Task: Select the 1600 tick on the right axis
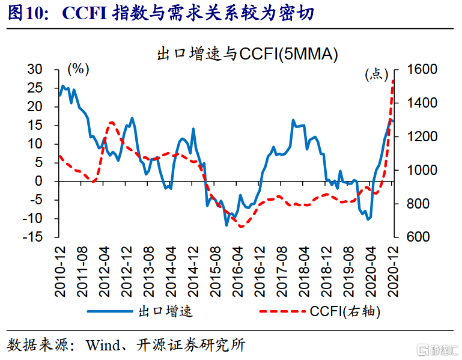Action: coord(420,70)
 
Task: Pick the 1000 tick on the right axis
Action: coord(420,170)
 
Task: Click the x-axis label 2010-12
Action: coord(60,270)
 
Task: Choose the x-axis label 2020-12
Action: coord(394,270)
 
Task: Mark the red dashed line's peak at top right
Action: coord(393,81)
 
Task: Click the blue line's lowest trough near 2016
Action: coord(227,225)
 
